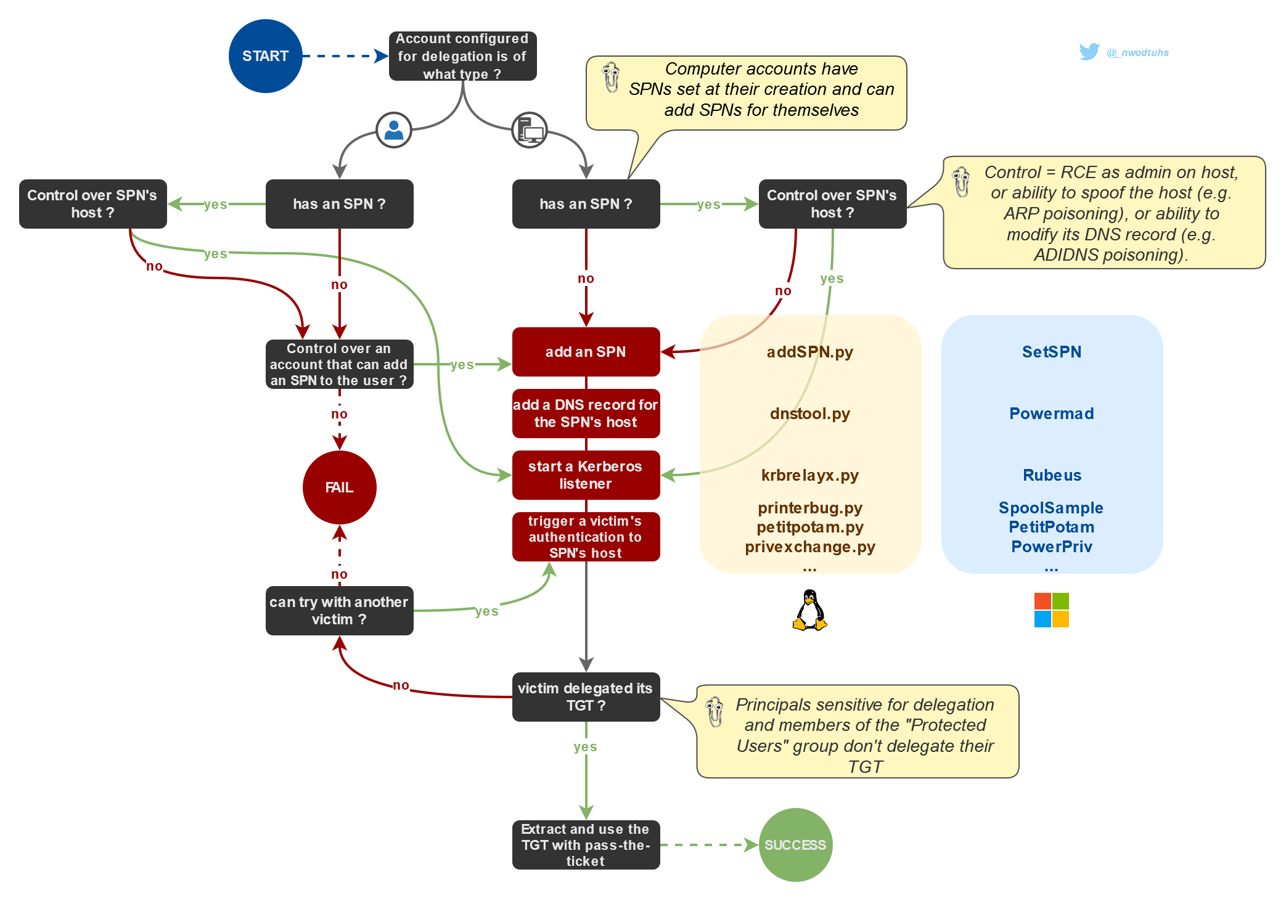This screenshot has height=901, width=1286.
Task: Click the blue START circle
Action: pyautogui.click(x=265, y=56)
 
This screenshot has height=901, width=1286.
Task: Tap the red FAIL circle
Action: pyautogui.click(x=339, y=487)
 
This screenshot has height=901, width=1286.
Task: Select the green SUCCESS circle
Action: pyautogui.click(x=795, y=845)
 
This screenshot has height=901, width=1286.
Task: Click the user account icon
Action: pyautogui.click(x=394, y=130)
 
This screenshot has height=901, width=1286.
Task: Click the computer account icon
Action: pyautogui.click(x=530, y=130)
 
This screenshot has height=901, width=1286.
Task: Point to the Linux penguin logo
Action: pyautogui.click(x=809, y=610)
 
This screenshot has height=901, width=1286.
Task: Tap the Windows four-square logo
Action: pyautogui.click(x=1051, y=610)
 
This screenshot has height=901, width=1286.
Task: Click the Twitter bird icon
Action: pyautogui.click(x=1089, y=52)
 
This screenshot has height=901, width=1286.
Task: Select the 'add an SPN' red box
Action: pyautogui.click(x=586, y=352)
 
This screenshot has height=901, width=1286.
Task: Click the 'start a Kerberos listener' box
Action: pyautogui.click(x=586, y=475)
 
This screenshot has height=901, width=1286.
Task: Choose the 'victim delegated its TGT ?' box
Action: pyautogui.click(x=586, y=697)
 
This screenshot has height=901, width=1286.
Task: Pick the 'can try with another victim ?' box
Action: pyautogui.click(x=339, y=611)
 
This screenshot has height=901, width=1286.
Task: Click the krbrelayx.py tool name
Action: pyautogui.click(x=809, y=475)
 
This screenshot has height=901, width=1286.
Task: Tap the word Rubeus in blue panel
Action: pyautogui.click(x=1052, y=475)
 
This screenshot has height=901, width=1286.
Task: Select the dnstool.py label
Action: pyautogui.click(x=809, y=414)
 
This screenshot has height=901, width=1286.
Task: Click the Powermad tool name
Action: pyautogui.click(x=1052, y=414)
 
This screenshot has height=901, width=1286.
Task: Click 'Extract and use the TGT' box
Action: pyautogui.click(x=586, y=845)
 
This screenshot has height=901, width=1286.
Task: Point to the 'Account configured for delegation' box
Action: pyautogui.click(x=462, y=56)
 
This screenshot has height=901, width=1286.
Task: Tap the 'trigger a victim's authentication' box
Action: pyautogui.click(x=586, y=537)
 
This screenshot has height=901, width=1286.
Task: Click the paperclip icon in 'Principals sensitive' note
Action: pyautogui.click(x=715, y=712)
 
